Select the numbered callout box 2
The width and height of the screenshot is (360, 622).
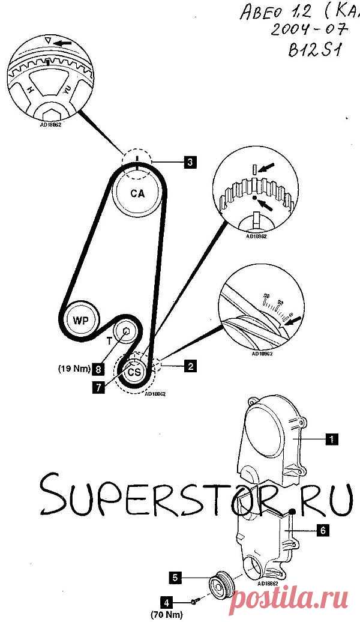click(190, 364)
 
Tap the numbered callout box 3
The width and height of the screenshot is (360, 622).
click(189, 161)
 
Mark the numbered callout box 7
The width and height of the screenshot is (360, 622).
click(97, 387)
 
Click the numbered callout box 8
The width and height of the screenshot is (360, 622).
click(97, 370)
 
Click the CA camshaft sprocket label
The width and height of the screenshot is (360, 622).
click(138, 193)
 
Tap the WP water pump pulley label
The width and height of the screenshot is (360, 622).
click(81, 320)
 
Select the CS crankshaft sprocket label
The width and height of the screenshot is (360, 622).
click(136, 372)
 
